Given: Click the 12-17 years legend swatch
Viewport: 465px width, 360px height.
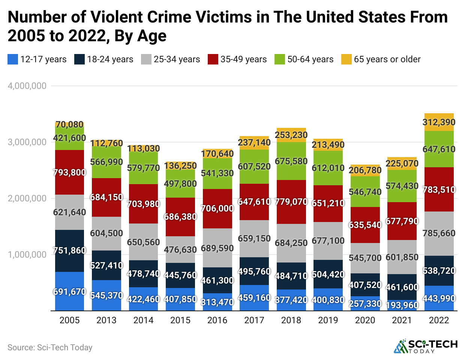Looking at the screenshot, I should click(x=13, y=59).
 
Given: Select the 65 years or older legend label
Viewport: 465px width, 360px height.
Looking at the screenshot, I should click(x=387, y=59).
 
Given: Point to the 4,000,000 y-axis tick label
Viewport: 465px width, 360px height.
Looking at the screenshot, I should click(x=27, y=86).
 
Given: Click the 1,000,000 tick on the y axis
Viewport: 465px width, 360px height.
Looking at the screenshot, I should click(x=27, y=255).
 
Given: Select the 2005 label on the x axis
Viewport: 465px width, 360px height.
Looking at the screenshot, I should click(x=70, y=320).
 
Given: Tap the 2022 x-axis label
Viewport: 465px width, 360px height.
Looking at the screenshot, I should click(x=439, y=320).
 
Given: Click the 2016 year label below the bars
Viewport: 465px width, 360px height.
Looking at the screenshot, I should click(x=217, y=320).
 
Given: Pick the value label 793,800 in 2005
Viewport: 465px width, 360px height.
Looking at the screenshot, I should click(x=70, y=172).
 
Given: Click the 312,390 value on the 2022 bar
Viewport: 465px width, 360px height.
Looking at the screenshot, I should click(x=439, y=122).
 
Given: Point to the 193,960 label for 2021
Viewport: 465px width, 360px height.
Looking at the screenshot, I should click(x=402, y=305).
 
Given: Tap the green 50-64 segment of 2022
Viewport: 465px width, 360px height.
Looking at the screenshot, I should click(x=439, y=157).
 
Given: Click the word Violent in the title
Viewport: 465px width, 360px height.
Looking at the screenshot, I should click(x=117, y=17).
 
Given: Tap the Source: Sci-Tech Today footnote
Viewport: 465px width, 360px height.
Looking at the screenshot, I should click(x=50, y=348).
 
